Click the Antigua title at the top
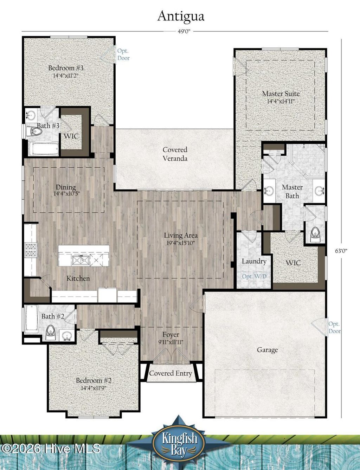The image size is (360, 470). [x=181, y=16]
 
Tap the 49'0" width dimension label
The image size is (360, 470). [x=184, y=31]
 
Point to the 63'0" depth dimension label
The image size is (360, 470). [x=341, y=251]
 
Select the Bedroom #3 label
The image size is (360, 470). [x=66, y=68]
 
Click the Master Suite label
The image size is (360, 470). [x=281, y=94]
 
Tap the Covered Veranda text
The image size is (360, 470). [x=175, y=154]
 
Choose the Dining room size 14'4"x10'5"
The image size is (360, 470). [x=65, y=194]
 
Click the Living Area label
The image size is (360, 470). [x=181, y=235]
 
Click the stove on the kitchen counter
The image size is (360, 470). [x=30, y=249]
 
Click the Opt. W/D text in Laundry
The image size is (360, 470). [x=254, y=276]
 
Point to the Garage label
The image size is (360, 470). [x=267, y=350]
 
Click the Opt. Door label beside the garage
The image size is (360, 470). [x=334, y=327]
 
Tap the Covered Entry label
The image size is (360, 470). [x=171, y=373]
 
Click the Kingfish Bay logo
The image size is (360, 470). [x=179, y=441]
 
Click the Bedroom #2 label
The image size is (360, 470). [x=94, y=380]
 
